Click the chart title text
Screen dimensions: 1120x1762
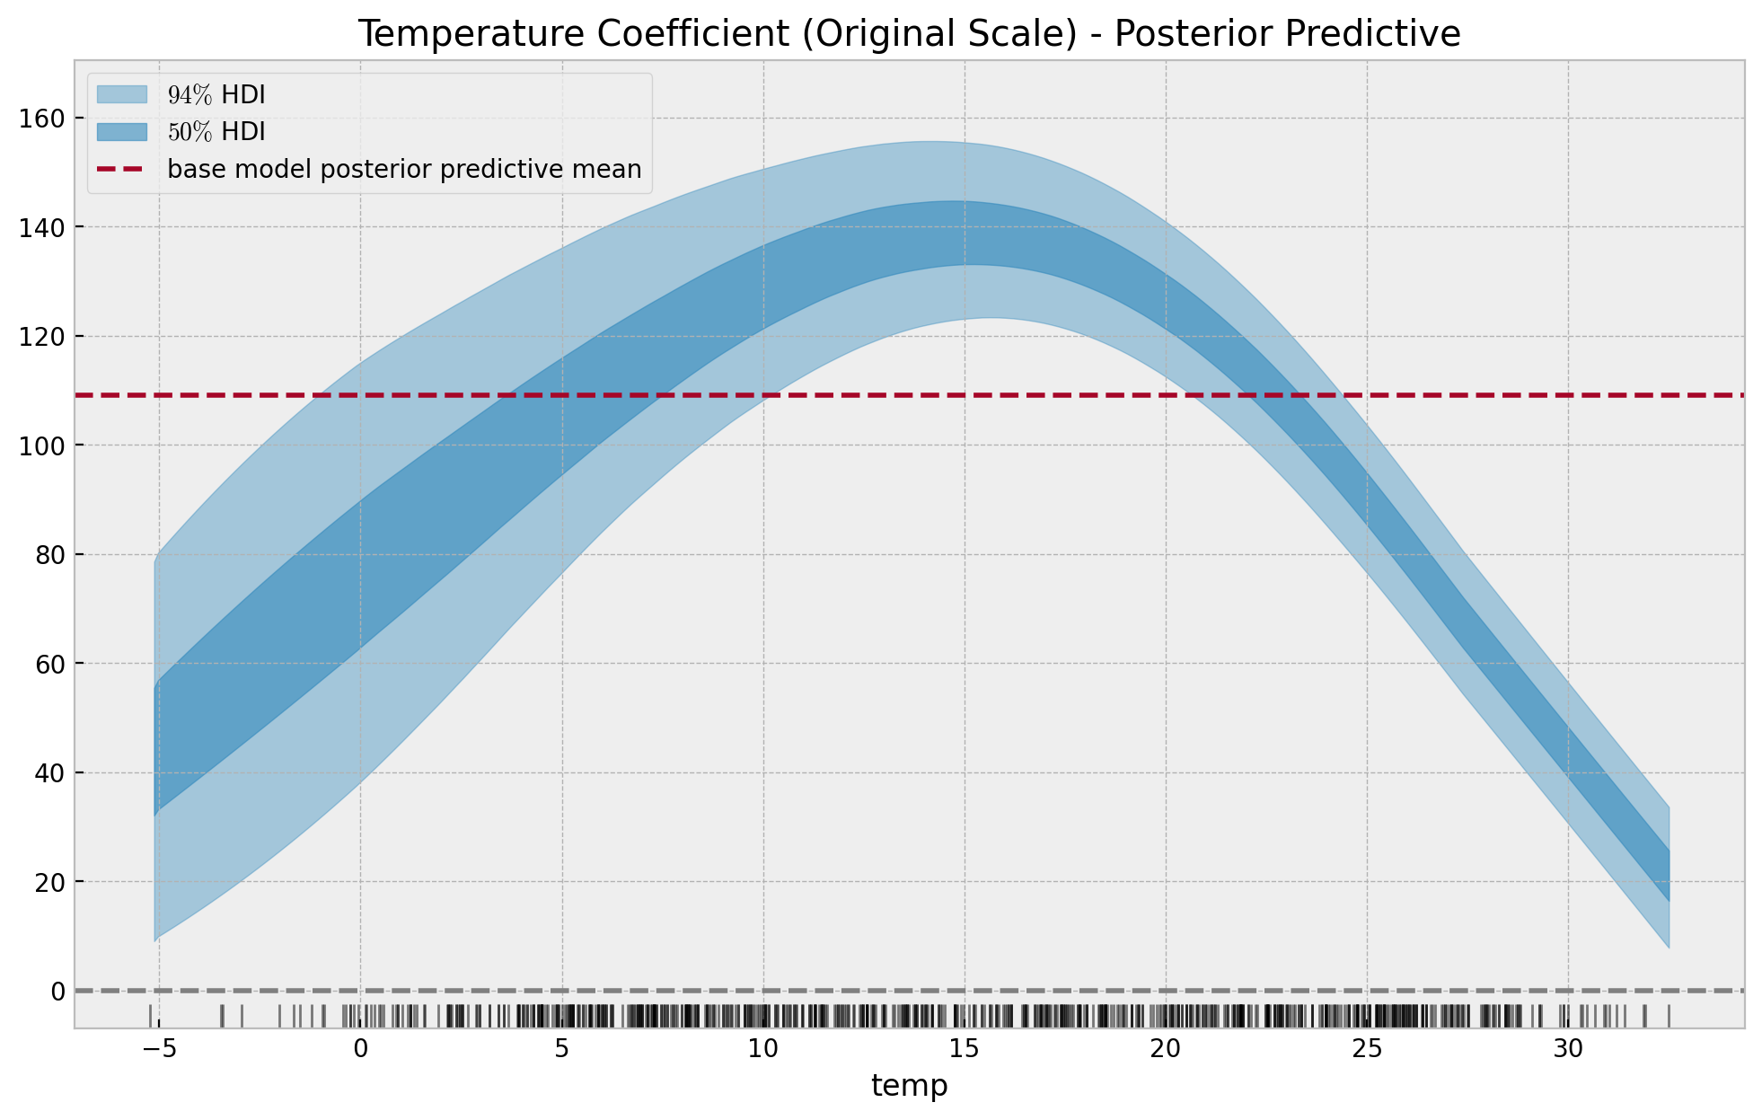[x=909, y=34]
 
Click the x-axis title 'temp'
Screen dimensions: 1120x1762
[x=909, y=1086]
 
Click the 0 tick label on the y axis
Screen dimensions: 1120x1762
[x=58, y=991]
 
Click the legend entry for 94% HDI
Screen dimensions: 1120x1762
[x=216, y=94]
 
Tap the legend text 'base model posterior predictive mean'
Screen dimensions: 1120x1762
[x=404, y=169]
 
